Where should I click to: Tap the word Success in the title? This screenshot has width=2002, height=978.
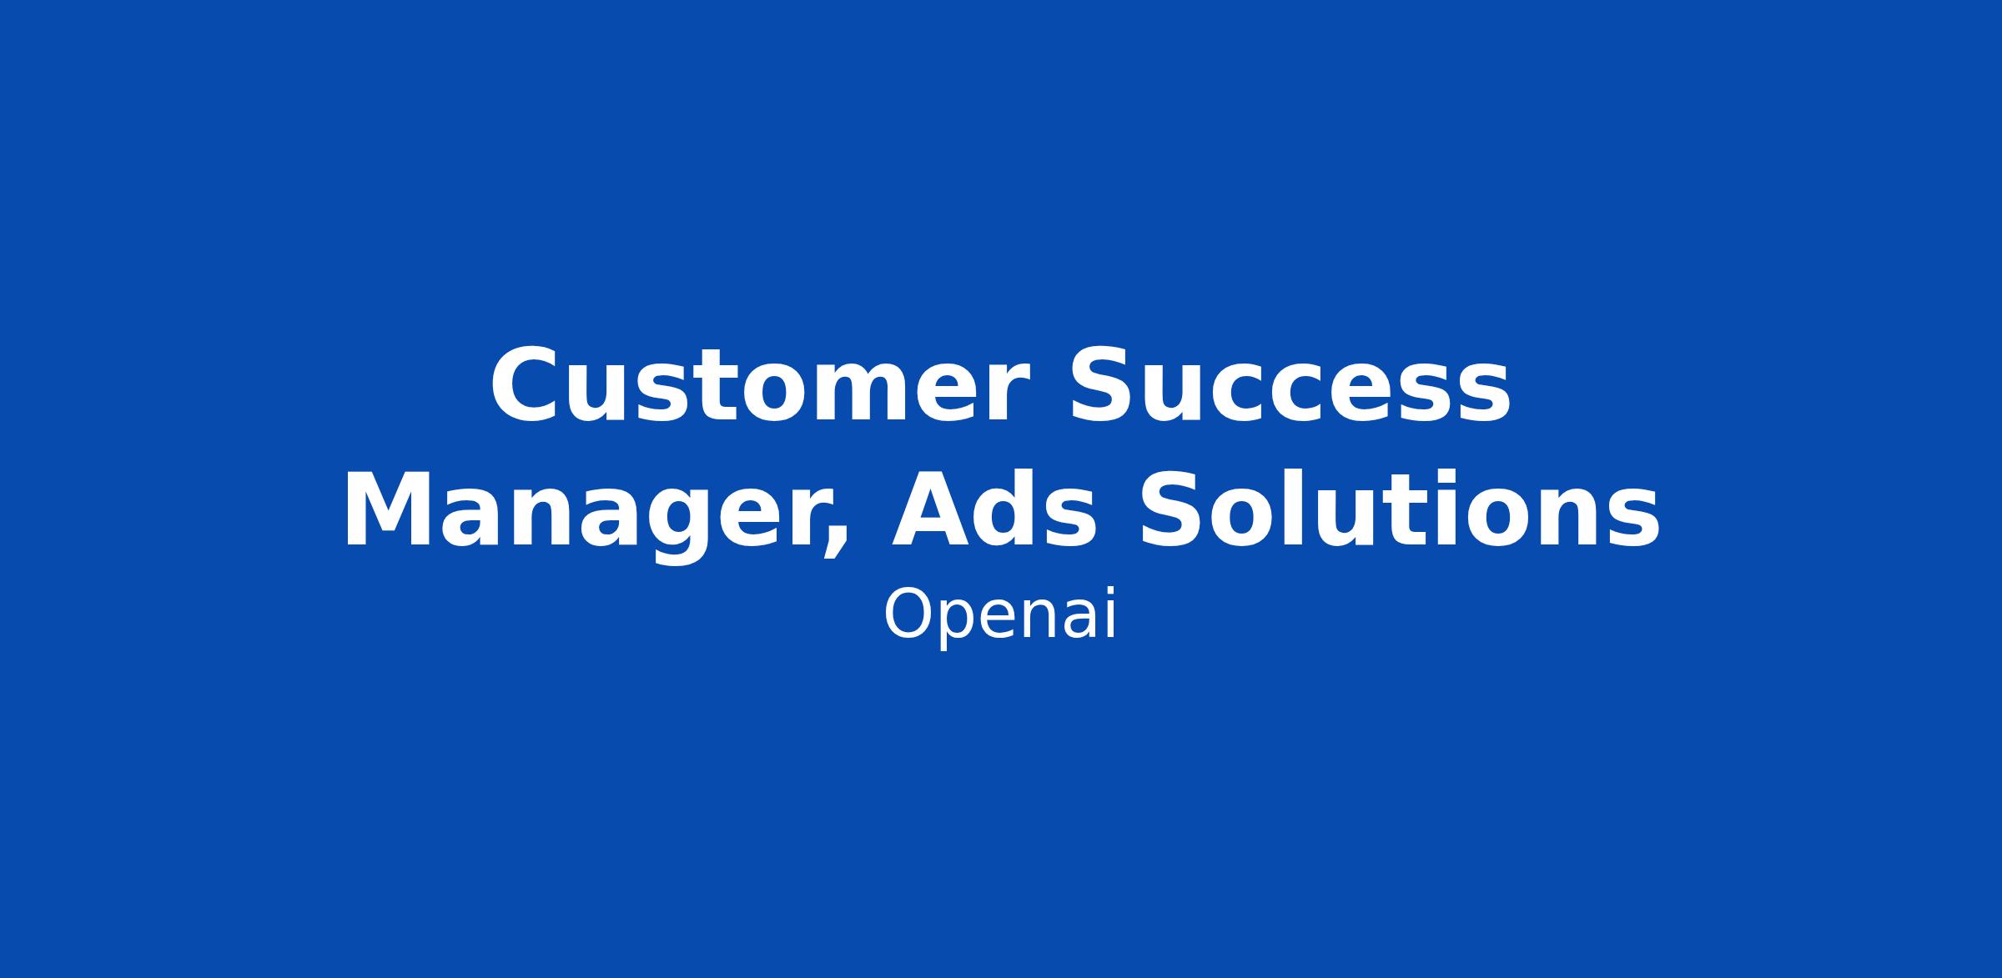coord(1289,385)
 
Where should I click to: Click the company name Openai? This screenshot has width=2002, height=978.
coord(999,615)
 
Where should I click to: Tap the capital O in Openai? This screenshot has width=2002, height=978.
coord(908,614)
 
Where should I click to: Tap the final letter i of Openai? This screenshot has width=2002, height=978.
coord(1110,614)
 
